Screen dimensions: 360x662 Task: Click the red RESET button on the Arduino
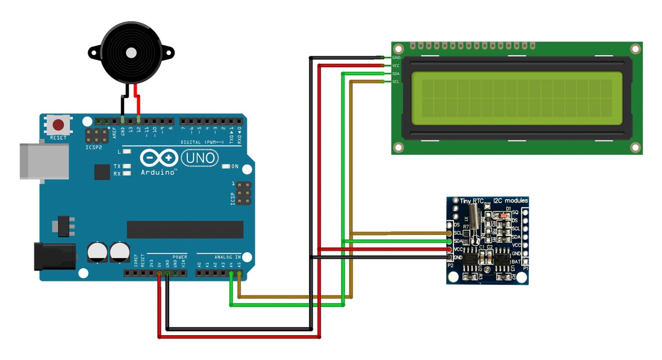tap(58, 125)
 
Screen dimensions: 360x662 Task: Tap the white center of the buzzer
tap(131, 53)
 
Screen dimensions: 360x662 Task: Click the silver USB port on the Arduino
tap(44, 161)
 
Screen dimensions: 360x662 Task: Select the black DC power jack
tap(55, 256)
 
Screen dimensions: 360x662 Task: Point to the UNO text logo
tap(200, 158)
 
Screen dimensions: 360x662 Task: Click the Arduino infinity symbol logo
tap(159, 158)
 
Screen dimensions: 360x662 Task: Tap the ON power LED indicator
tap(226, 166)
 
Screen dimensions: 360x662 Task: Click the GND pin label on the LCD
tap(396, 58)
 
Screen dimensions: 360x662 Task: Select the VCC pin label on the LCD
tap(396, 66)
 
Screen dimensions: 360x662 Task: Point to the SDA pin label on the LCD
tap(396, 74)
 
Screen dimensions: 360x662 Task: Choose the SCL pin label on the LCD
tap(396, 82)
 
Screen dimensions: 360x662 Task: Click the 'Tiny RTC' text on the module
tap(472, 201)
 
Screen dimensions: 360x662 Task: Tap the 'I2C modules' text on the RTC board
tap(510, 200)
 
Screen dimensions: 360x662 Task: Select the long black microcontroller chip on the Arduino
tap(185, 229)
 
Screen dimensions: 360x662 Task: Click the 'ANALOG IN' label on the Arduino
tap(228, 257)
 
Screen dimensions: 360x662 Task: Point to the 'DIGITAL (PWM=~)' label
tap(202, 142)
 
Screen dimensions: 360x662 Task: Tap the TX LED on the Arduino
tap(127, 166)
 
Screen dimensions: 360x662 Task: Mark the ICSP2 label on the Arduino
tap(94, 147)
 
